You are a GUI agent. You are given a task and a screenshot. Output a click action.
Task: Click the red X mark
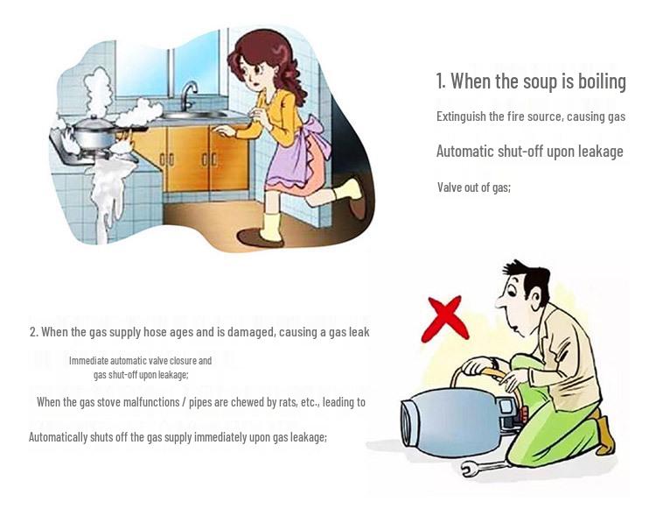click(x=445, y=319)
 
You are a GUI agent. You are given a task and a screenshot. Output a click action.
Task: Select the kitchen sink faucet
click(x=188, y=95)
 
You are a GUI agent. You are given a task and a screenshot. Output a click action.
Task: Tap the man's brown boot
click(x=605, y=435)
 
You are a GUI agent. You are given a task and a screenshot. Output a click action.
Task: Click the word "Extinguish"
click(x=461, y=116)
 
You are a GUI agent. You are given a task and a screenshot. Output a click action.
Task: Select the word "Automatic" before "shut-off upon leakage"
click(x=464, y=152)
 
